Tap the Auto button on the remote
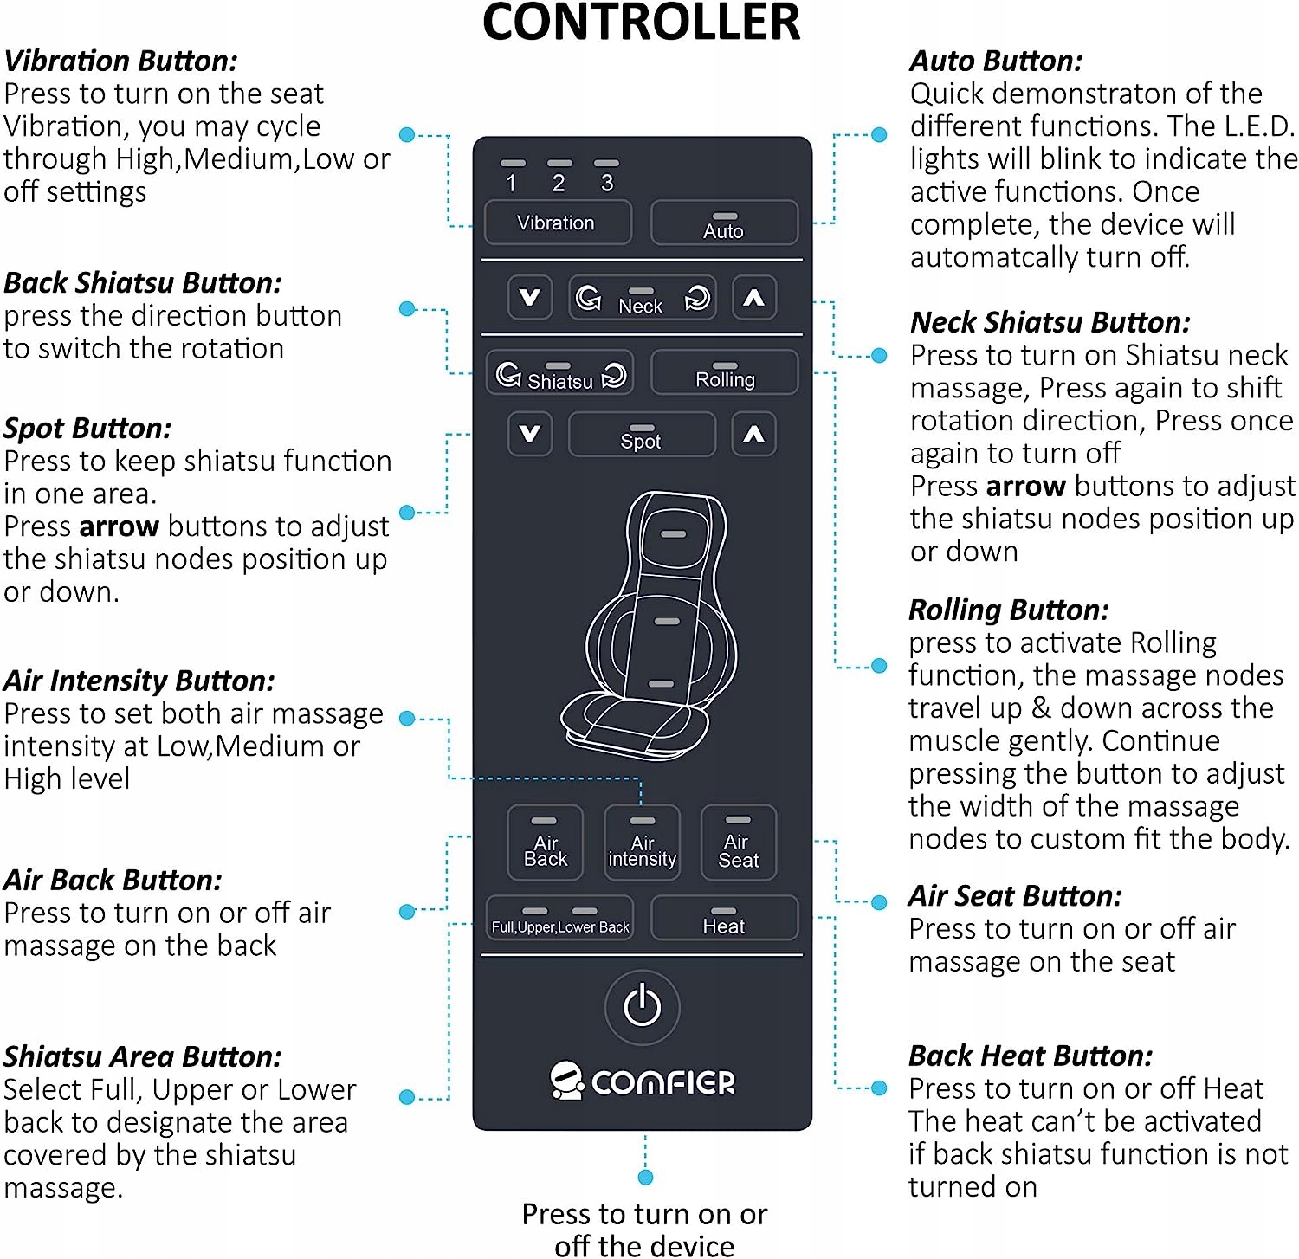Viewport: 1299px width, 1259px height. [x=724, y=223]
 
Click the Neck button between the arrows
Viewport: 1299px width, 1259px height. [x=642, y=299]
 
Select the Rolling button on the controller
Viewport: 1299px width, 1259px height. [x=724, y=373]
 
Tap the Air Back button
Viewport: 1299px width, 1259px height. [x=545, y=843]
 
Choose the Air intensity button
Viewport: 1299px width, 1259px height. [x=642, y=843]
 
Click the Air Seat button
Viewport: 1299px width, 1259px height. [x=738, y=843]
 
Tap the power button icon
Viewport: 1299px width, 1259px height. [x=642, y=1007]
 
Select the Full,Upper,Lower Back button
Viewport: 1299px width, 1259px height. [x=559, y=919]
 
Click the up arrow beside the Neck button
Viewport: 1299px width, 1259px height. [x=753, y=299]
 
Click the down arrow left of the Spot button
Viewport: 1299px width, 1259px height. [x=529, y=434]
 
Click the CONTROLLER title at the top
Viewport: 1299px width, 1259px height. [x=641, y=23]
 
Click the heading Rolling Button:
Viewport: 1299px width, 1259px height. [x=1008, y=610]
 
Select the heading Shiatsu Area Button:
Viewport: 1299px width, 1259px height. [x=142, y=1057]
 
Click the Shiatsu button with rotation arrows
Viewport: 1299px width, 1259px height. [x=559, y=374]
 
